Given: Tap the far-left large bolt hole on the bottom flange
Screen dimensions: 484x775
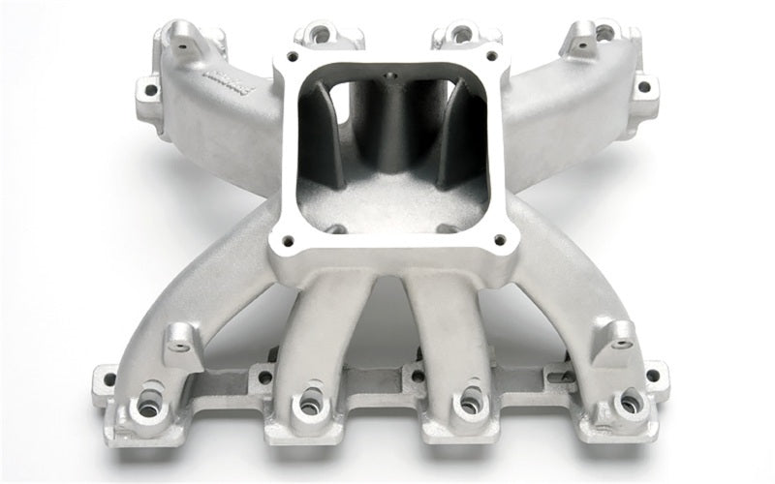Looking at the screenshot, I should pos(148,408).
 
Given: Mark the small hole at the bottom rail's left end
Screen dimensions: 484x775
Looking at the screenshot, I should pos(109,378).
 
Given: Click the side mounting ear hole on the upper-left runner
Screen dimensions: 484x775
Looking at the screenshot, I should pos(150,91).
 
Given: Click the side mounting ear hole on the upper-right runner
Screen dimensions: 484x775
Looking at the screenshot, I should pos(642,86).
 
